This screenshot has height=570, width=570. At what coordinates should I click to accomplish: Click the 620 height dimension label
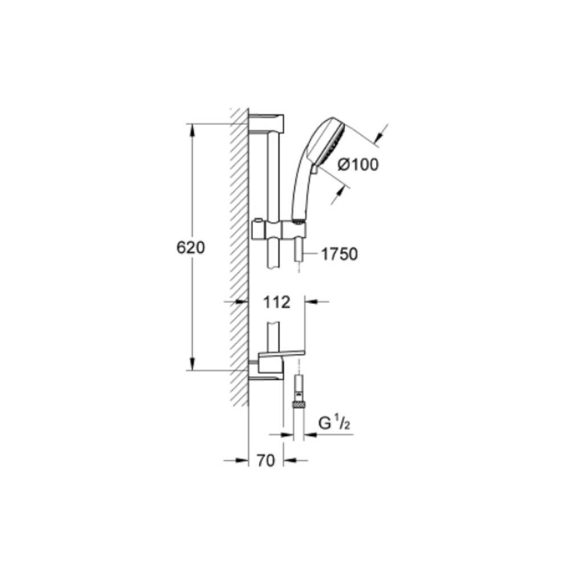coord(190,247)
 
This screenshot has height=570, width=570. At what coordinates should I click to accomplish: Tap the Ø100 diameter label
coord(358,165)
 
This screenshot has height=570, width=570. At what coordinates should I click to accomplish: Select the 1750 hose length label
coord(339,254)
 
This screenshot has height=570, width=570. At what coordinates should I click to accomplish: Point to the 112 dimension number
coord(276,302)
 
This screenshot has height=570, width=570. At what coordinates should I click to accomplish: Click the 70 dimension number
coord(266,461)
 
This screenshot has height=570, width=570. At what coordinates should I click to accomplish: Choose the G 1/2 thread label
coord(334,423)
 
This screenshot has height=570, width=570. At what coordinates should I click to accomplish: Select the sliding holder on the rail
coord(279,230)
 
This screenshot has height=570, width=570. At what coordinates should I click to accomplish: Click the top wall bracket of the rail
coord(266,123)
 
